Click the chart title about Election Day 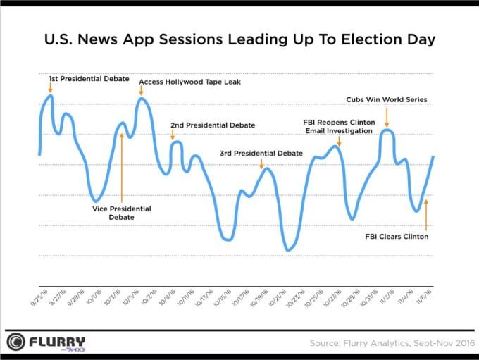click(x=240, y=39)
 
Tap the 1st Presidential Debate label click(x=89, y=79)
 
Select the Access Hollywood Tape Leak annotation click(x=190, y=82)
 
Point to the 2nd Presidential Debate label click(x=213, y=125)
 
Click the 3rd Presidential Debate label click(x=261, y=153)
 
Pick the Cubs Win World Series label click(x=387, y=99)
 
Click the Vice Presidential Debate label click(x=122, y=213)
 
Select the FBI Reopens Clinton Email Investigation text click(x=338, y=126)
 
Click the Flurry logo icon click(x=18, y=342)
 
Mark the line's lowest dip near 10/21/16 click(x=287, y=249)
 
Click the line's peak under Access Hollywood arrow click(x=142, y=99)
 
